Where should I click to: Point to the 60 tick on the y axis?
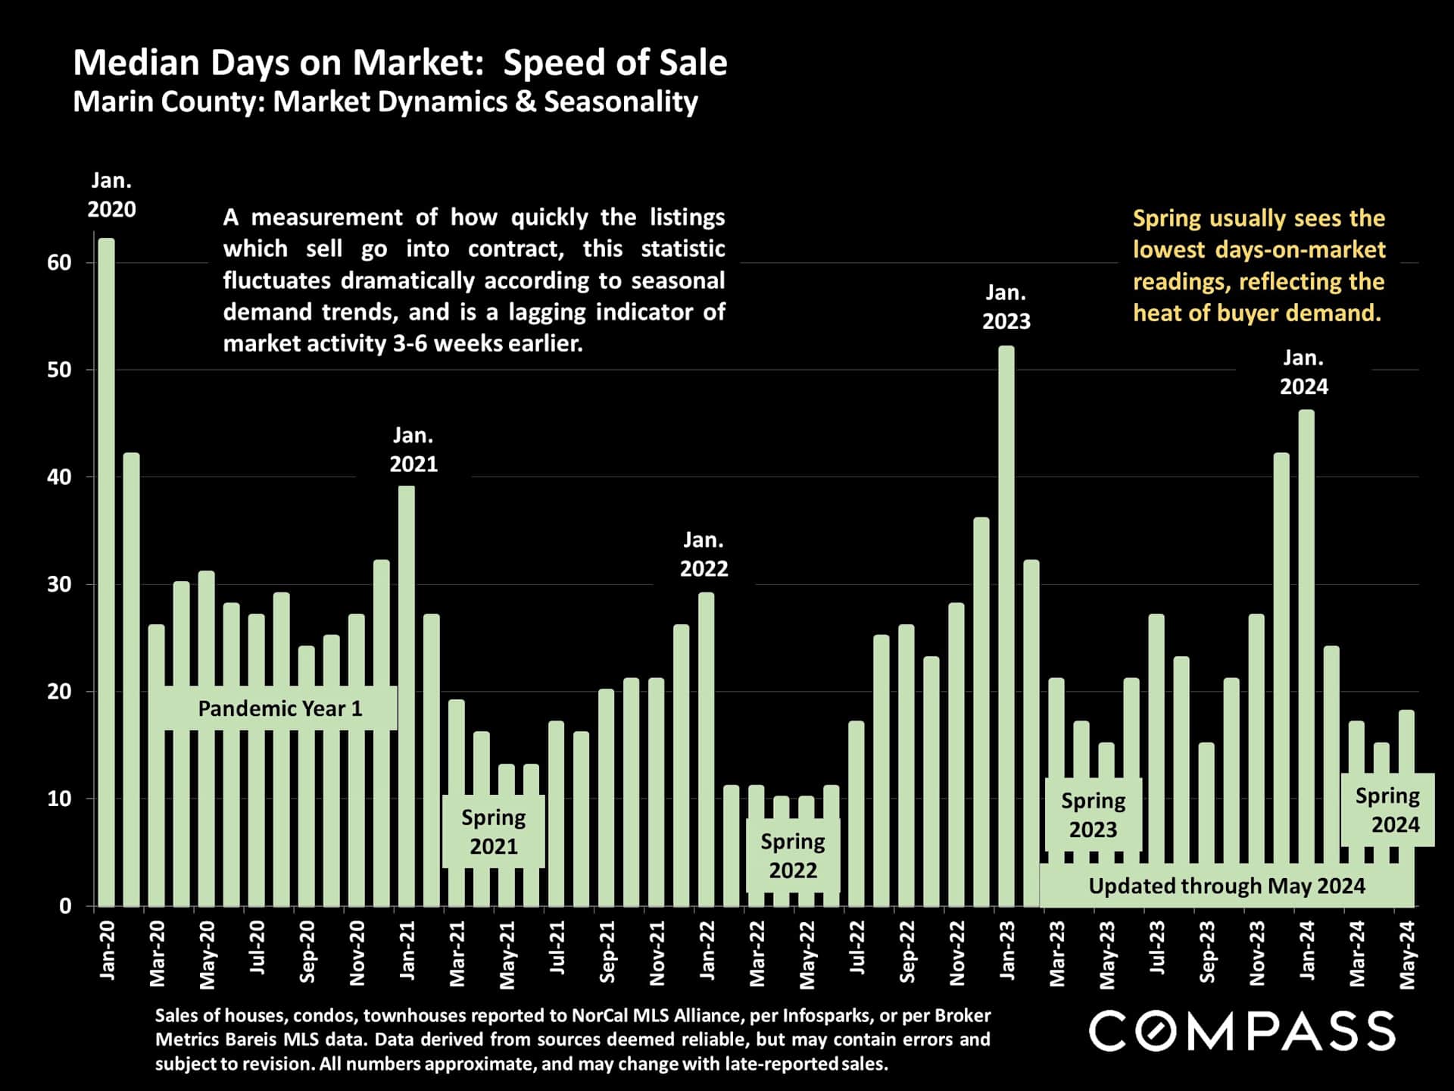pos(59,263)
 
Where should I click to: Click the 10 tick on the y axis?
pos(59,799)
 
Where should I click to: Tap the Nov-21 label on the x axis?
pos(657,953)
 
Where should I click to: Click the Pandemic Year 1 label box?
pos(280,708)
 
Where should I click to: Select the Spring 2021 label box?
pos(494,831)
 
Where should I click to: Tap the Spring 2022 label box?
pos(793,855)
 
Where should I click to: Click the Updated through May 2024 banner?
pos(1227,886)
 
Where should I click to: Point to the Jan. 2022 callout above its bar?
pos(704,554)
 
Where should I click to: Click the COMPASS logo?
pos(1242,1031)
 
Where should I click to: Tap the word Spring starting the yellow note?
pos(1167,219)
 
